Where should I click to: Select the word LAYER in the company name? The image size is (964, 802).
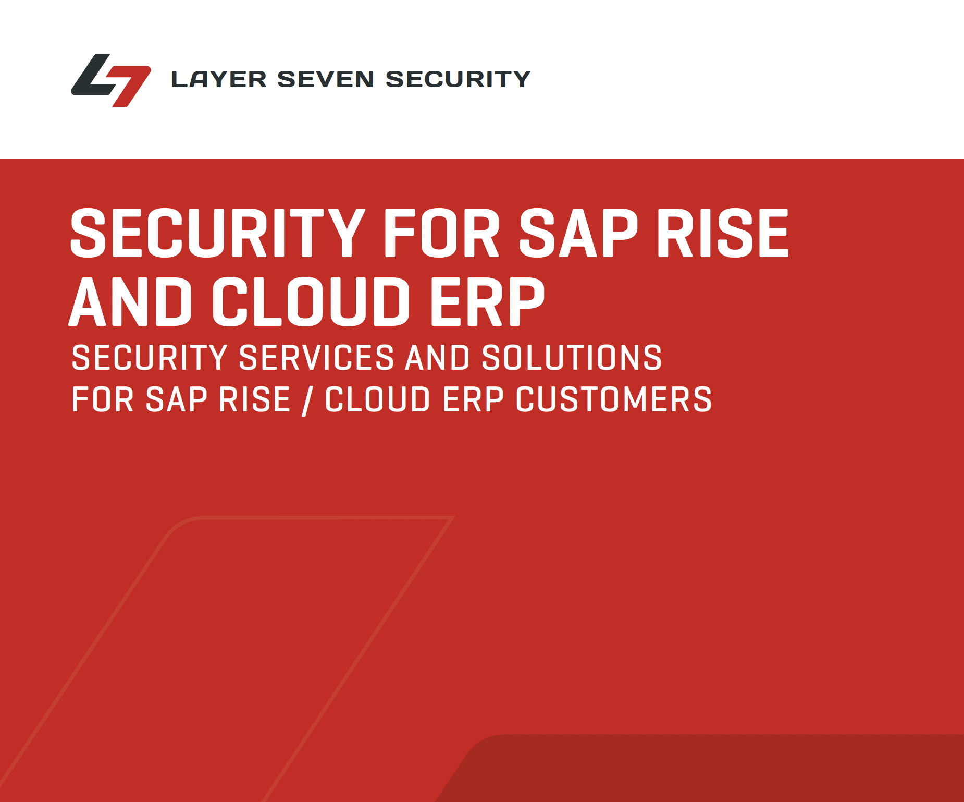219,79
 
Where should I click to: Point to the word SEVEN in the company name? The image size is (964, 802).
325,79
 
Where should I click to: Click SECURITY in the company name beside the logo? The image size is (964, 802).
458,79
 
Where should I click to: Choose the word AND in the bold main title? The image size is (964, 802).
131,302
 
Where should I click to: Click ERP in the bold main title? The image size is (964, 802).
487,302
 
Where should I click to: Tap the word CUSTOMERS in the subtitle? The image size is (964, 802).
614,400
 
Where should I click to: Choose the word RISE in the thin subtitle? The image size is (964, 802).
254,400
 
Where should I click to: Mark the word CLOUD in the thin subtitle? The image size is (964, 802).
378,400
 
